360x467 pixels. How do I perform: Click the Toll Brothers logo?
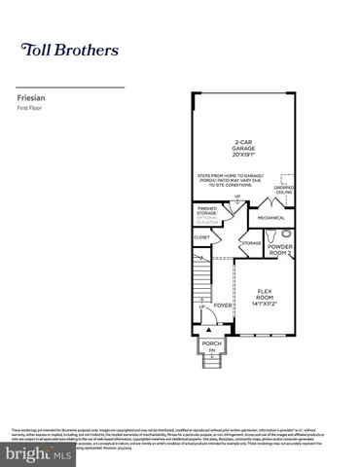[70, 48]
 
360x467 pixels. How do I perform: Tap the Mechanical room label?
[272, 218]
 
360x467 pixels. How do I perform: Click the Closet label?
[201, 236]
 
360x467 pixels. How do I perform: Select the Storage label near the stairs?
[251, 242]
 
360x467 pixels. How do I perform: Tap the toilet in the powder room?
[273, 236]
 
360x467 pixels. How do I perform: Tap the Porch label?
[211, 342]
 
